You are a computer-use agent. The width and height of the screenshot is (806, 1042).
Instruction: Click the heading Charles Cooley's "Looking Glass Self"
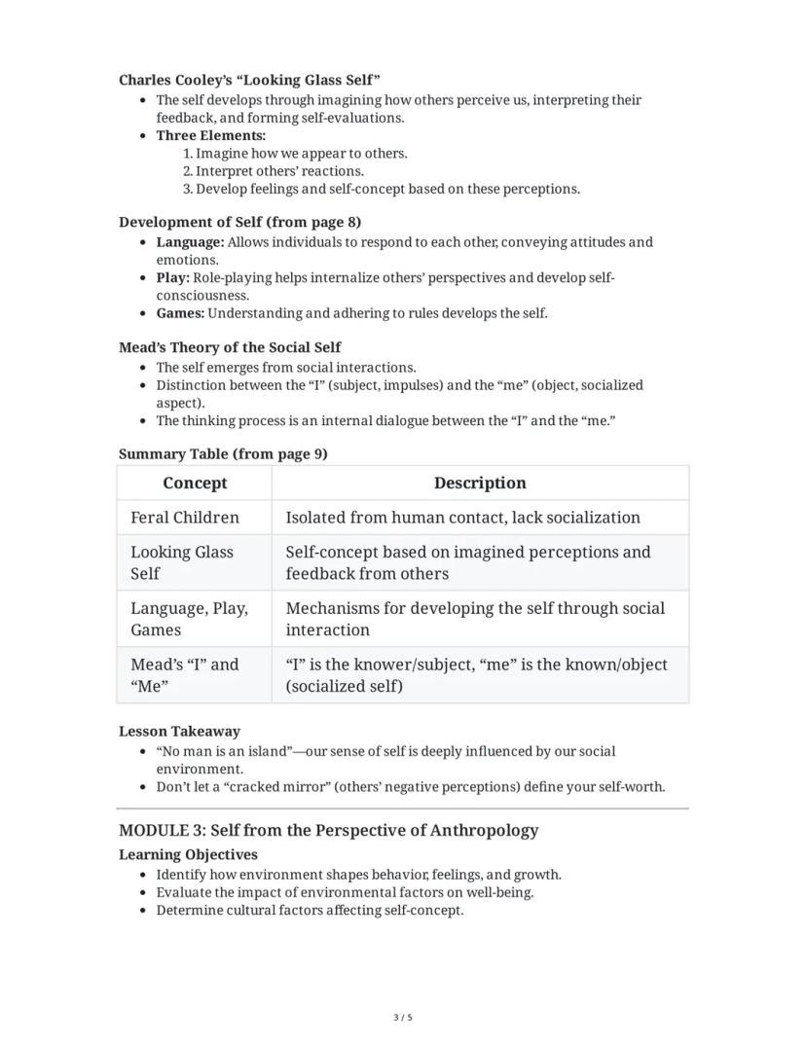(249, 79)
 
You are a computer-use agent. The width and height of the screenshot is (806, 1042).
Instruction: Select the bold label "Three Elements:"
(210, 135)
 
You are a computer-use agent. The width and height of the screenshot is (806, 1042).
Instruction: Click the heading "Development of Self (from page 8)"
(239, 222)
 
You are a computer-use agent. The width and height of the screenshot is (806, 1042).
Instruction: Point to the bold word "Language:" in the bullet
(190, 242)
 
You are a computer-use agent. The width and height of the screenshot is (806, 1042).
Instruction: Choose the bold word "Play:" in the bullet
(172, 277)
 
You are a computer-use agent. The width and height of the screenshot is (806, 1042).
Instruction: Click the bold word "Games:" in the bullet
(180, 313)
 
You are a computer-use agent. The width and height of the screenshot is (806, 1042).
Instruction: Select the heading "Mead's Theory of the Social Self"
(230, 347)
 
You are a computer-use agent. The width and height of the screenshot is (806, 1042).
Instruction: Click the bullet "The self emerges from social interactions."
(285, 368)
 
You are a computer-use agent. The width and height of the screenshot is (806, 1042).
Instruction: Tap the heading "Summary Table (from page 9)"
(223, 453)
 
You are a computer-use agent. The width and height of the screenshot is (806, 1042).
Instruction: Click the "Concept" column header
(195, 484)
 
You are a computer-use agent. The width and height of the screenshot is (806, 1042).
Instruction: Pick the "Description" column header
(479, 484)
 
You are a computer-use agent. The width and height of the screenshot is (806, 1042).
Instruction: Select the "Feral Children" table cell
(185, 518)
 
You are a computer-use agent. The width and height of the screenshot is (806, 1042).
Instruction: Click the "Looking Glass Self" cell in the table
(182, 562)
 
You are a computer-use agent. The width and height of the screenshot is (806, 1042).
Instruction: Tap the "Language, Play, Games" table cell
(189, 619)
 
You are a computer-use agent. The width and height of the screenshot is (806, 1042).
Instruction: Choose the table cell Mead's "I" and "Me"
(184, 675)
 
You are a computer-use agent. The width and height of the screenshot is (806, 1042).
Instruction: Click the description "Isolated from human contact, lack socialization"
(462, 518)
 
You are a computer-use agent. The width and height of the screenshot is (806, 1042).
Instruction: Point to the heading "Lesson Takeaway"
(179, 731)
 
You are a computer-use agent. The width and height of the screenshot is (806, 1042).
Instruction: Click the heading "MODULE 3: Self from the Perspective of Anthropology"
(328, 830)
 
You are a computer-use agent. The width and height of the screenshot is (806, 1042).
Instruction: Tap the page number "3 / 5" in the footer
(403, 1018)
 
